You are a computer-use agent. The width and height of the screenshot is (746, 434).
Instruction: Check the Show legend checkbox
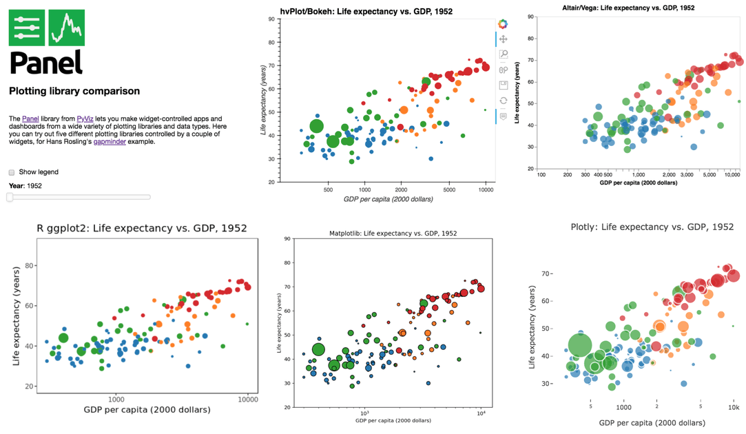coord(11,172)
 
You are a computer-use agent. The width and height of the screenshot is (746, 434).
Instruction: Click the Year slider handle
coord(10,197)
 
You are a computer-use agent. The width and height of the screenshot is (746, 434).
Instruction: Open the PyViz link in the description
coord(85,119)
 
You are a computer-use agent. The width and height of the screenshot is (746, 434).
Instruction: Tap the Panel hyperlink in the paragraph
coord(30,119)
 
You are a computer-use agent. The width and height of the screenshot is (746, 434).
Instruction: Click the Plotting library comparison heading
coord(74,91)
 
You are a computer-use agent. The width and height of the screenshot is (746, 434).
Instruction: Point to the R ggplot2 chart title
coord(141,228)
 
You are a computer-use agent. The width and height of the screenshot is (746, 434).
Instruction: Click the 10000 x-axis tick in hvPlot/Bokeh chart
coord(486,189)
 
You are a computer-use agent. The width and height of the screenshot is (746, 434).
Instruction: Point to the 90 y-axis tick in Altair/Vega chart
coord(532,16)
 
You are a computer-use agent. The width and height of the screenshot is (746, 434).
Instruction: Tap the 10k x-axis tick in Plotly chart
coord(734,407)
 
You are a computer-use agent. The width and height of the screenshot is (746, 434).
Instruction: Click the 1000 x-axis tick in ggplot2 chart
coord(116,399)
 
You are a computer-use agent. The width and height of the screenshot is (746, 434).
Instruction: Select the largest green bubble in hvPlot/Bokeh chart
coord(316,126)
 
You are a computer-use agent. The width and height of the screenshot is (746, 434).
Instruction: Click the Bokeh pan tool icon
coord(504,39)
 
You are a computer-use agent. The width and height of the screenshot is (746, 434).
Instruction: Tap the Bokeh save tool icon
coord(504,85)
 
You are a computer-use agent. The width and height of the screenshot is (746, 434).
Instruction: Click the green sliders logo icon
coord(28,28)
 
